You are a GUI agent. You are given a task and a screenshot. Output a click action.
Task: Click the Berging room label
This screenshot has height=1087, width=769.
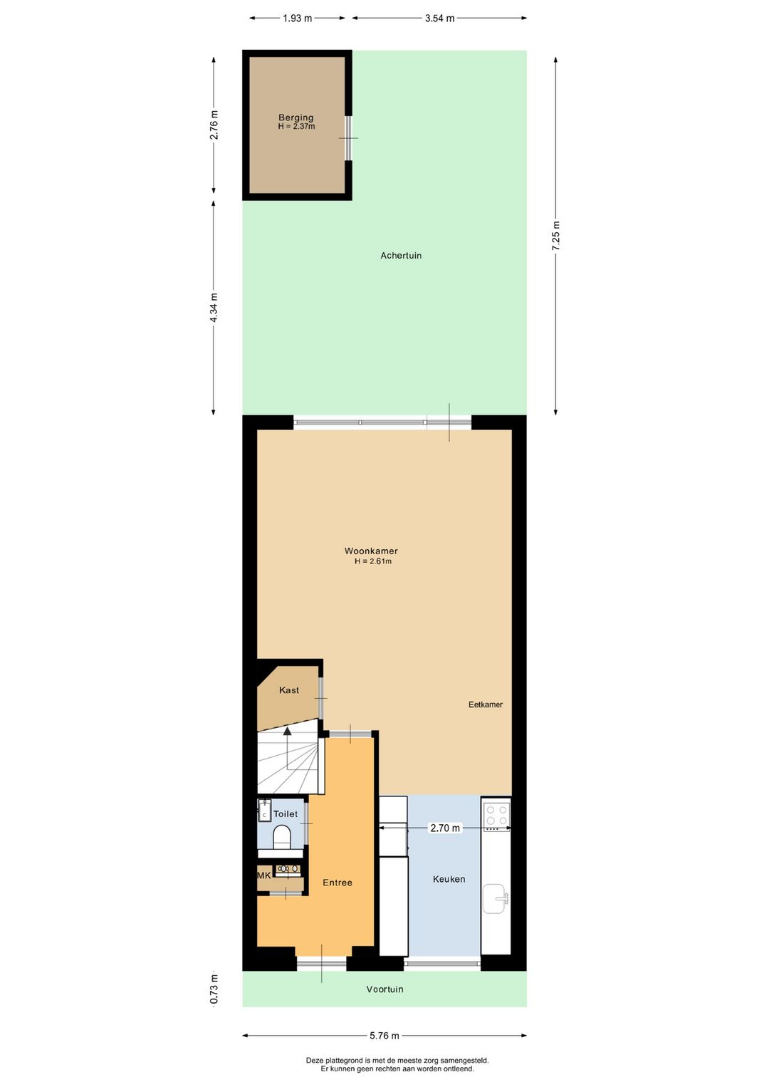click(295, 118)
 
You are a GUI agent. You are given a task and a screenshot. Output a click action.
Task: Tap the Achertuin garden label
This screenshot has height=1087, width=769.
click(401, 256)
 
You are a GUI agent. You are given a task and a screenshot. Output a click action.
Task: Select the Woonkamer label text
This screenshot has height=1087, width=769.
click(371, 551)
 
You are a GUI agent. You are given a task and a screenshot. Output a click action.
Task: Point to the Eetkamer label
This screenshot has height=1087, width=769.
click(486, 704)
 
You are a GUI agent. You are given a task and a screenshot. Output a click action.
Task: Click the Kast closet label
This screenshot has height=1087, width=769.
click(289, 690)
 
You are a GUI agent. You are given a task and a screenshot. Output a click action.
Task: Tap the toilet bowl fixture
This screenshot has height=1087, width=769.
click(282, 837)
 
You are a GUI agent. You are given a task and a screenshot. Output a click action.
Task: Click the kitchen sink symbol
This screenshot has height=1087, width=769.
click(495, 899)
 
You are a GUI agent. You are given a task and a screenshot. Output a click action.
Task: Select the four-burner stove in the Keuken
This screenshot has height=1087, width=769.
click(496, 815)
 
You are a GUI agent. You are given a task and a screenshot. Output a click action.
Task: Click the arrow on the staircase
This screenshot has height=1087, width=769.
click(287, 732)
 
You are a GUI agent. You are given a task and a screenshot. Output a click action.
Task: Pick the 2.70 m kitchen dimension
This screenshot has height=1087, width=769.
click(445, 828)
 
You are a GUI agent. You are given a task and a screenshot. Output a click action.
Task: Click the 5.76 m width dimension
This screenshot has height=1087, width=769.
click(384, 1036)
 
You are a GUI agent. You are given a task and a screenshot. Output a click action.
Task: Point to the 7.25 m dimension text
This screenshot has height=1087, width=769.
click(556, 235)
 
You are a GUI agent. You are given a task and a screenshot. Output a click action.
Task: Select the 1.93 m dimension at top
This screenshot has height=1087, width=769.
click(297, 19)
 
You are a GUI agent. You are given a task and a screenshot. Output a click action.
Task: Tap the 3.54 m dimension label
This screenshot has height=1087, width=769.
click(439, 19)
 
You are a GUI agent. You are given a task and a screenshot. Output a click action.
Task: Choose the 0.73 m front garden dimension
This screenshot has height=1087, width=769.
click(214, 989)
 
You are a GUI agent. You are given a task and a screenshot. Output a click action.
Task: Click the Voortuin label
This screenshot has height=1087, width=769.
click(384, 989)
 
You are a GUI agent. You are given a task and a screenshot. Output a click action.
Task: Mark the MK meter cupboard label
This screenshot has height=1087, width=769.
click(264, 875)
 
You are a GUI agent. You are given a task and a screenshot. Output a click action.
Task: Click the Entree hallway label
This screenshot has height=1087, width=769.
click(338, 883)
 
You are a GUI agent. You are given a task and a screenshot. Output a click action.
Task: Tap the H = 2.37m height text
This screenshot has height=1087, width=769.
click(296, 127)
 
